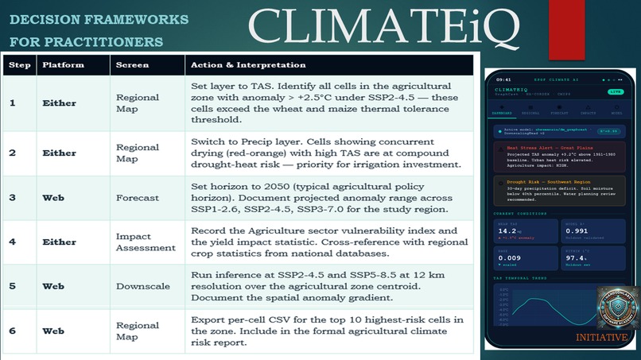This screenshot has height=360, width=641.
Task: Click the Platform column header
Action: (63, 64)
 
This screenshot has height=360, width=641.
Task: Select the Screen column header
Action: (132, 64)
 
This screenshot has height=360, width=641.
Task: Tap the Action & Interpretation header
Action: (246, 64)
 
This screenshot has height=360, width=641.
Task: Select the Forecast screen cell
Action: (137, 198)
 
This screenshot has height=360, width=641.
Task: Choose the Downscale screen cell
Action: (142, 286)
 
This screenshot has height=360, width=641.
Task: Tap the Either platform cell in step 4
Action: (58, 242)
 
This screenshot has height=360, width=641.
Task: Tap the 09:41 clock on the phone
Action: (503, 79)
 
